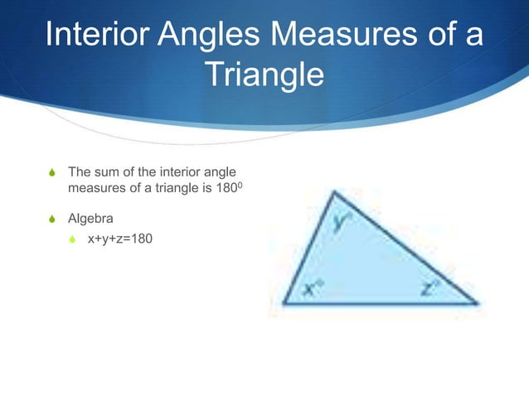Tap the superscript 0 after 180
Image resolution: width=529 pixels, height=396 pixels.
(242, 185)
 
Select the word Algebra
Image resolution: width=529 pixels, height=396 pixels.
(90, 220)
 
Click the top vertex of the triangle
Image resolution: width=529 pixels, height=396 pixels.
(333, 192)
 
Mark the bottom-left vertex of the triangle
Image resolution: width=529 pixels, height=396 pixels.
(284, 302)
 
